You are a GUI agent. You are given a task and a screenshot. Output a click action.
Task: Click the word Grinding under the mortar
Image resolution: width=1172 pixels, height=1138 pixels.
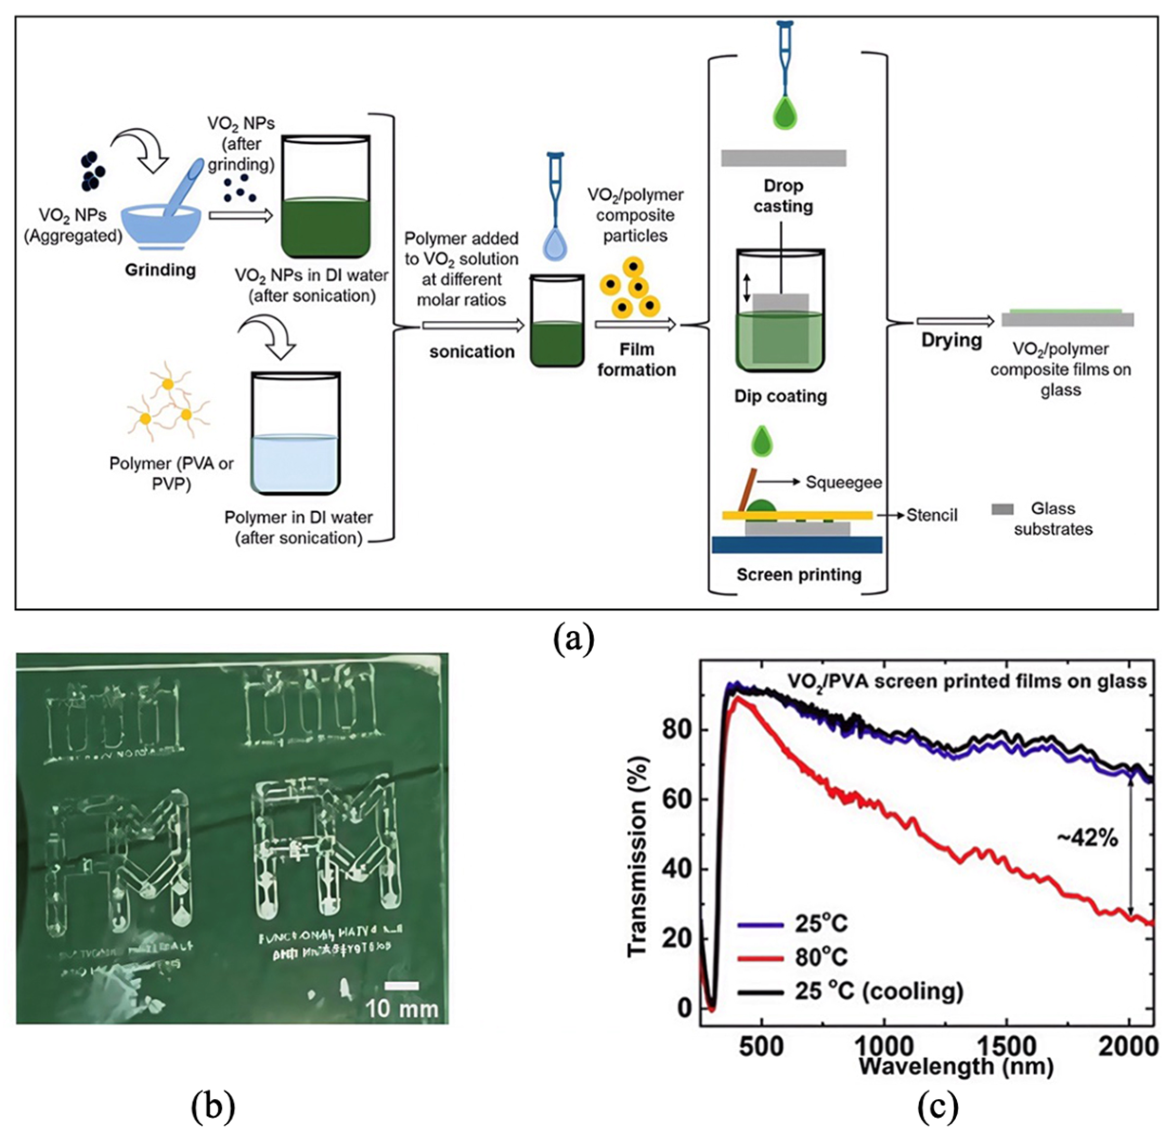160,270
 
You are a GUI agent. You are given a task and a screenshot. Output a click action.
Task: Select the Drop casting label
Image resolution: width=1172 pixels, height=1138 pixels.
783,196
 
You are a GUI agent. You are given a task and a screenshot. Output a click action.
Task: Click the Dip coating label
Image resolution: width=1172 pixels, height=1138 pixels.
780,396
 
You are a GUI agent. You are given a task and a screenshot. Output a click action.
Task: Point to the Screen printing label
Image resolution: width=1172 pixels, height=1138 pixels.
799,574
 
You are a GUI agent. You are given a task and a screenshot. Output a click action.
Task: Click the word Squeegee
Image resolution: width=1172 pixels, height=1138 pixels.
844,482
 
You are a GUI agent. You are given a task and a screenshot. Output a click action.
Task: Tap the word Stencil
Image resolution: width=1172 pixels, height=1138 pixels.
932,515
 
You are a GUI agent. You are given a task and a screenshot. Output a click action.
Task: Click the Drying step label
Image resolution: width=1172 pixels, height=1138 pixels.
951,340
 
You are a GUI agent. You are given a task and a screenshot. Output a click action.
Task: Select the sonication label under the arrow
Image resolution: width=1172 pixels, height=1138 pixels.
472,352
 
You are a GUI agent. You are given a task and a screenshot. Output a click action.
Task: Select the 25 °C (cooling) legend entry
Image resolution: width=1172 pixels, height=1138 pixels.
879,992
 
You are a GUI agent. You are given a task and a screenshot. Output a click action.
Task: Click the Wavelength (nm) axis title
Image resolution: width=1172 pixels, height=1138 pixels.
956,1066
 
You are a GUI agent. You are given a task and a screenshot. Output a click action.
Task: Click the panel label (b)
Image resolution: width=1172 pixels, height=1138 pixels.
213,1107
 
